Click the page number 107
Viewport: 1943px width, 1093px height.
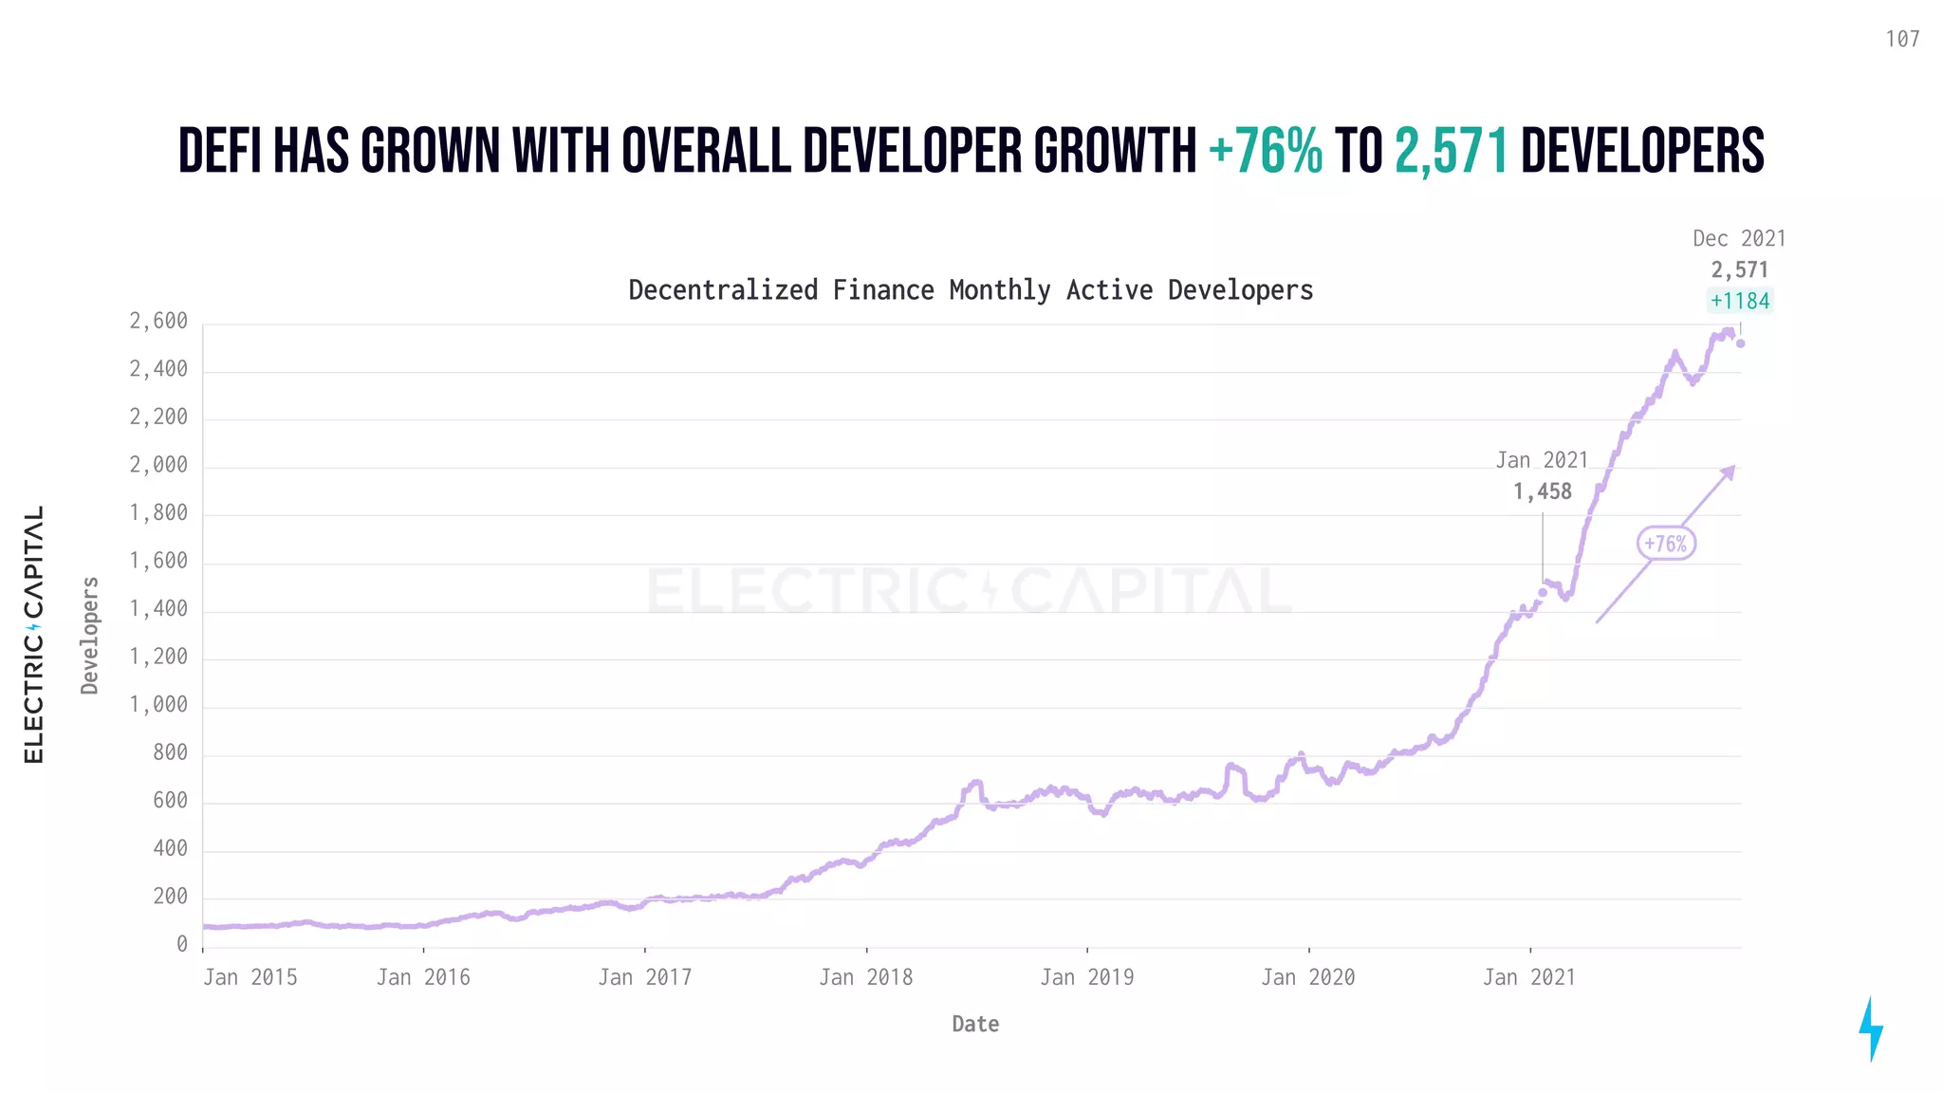(1902, 39)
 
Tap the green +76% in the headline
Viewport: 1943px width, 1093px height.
(1266, 151)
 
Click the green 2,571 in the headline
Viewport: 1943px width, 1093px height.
(1452, 151)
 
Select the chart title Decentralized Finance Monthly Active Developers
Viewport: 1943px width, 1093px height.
(971, 289)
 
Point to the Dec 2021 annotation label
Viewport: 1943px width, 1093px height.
(1739, 238)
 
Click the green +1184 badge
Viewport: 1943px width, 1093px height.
(1740, 301)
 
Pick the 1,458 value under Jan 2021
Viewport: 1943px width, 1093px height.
(1542, 491)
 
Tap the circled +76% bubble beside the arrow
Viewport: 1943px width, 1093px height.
(1666, 544)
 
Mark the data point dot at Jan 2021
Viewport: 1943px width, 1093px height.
(1543, 592)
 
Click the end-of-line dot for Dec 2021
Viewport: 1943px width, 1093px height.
(1741, 343)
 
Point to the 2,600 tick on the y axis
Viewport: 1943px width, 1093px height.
(158, 322)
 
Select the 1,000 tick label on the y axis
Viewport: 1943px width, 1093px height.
(158, 705)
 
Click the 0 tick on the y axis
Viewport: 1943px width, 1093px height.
(182, 944)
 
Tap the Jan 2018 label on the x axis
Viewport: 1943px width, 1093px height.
(865, 977)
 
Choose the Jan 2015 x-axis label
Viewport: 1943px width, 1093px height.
(250, 977)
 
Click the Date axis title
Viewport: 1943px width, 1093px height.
(975, 1024)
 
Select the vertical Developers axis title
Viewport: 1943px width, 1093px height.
(90, 635)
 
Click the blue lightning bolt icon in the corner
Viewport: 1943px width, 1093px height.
(1871, 1028)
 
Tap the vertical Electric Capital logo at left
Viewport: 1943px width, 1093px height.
(34, 634)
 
